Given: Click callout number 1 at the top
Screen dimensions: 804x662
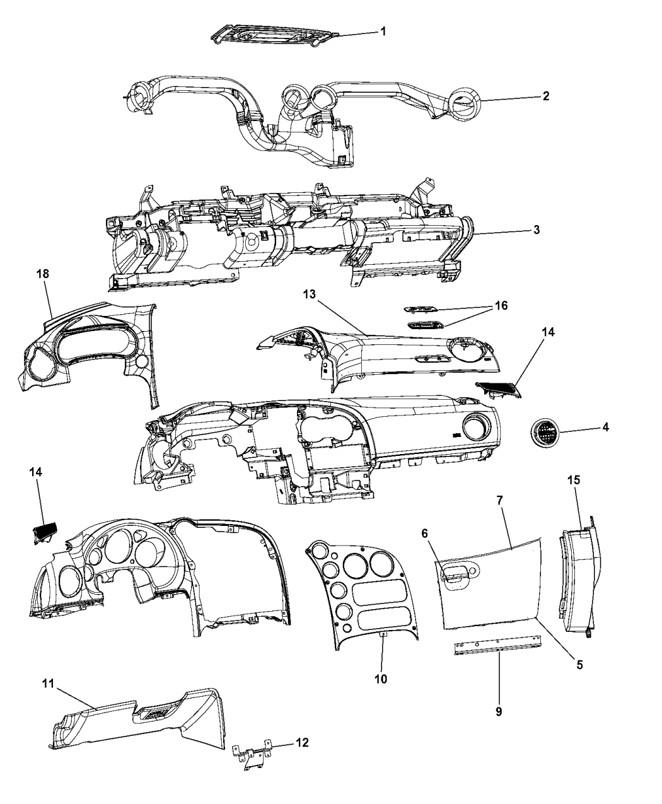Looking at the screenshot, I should [x=383, y=31].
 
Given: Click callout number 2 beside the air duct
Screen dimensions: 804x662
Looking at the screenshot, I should [x=546, y=96].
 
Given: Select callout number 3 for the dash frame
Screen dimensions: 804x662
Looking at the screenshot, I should [x=536, y=230].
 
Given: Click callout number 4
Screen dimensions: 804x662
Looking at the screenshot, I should [x=605, y=428].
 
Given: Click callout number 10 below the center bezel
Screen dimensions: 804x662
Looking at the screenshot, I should [x=381, y=679].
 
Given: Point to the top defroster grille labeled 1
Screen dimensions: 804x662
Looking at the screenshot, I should [x=274, y=34].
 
